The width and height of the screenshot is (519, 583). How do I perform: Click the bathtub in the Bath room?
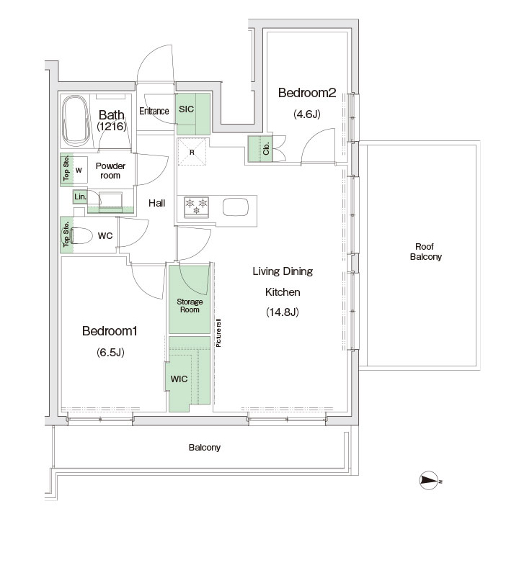76,121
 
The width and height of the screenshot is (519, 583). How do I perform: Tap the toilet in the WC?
81,236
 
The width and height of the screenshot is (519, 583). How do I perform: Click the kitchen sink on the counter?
236,207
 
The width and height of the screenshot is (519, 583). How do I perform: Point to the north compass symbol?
430,481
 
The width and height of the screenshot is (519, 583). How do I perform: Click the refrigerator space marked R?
192,151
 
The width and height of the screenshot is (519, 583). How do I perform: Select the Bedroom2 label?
307,93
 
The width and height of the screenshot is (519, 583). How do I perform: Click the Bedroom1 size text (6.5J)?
110,352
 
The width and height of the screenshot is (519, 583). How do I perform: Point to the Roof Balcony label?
425,252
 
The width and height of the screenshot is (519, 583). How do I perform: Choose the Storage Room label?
190,306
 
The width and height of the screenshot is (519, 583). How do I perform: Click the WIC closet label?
179,379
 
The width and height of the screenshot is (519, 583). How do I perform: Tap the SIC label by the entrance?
186,109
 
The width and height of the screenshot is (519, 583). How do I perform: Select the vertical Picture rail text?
218,333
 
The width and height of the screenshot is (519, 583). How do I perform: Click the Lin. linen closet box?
80,196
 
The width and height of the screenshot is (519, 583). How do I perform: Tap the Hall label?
156,203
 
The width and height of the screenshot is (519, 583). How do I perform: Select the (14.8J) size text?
283,312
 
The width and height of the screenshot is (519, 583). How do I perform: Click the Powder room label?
110,171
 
